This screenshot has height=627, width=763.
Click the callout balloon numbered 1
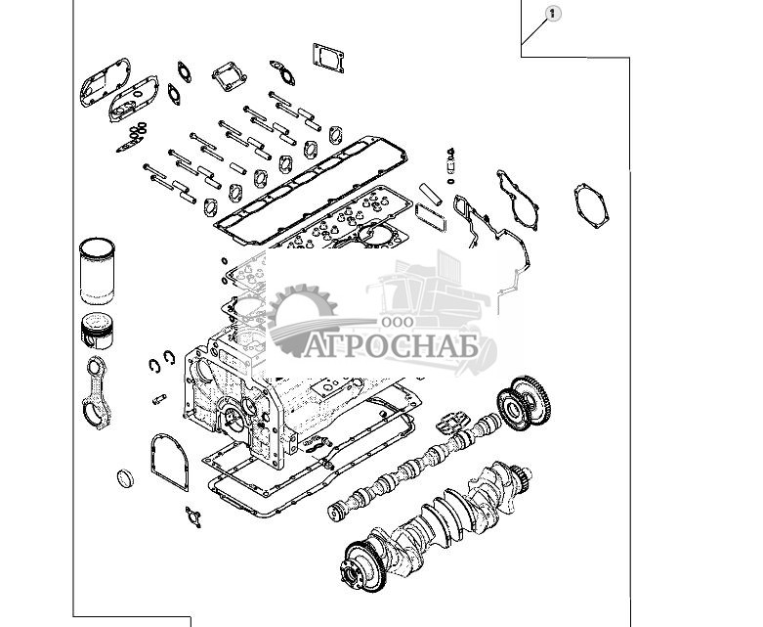552,13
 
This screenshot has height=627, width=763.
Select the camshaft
410,465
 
